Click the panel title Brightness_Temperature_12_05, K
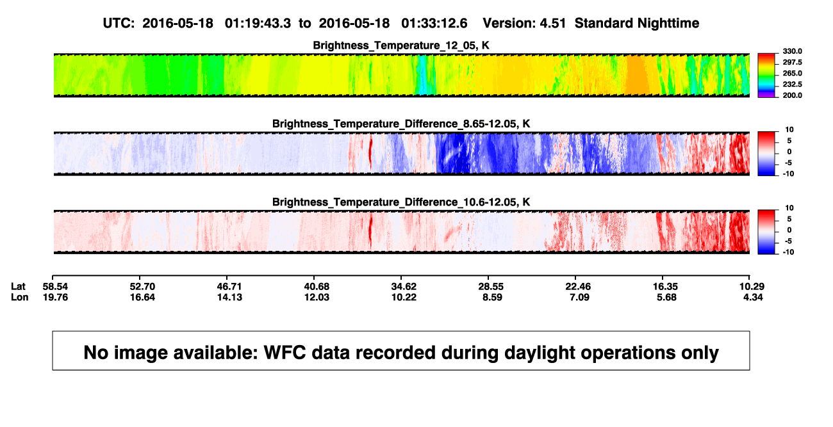coord(401,45)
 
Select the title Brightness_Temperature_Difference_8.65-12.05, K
coord(401,124)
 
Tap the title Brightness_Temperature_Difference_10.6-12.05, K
coord(401,202)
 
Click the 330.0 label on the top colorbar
coord(792,51)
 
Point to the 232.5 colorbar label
coord(792,85)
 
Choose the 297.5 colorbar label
coord(792,62)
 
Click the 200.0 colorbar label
coord(792,95)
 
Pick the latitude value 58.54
coord(55,287)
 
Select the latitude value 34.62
coord(404,287)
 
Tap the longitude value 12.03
coord(317,297)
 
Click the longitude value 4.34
coord(753,297)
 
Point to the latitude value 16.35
coord(666,287)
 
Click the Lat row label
coord(18,287)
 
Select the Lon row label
coord(20,297)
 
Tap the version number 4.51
coord(552,24)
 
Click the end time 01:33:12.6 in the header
coord(434,24)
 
